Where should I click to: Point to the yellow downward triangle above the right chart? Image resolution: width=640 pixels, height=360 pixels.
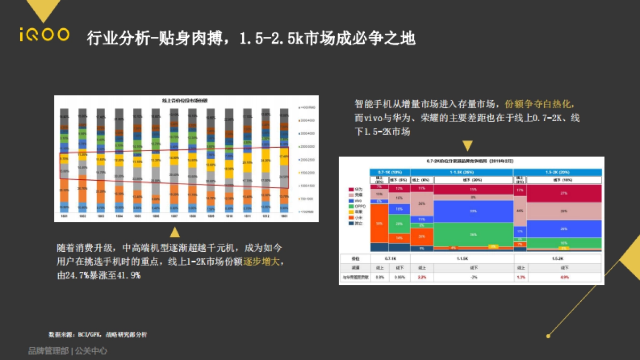click(467, 145)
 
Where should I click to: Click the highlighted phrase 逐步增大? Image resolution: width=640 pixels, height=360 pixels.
click(262, 262)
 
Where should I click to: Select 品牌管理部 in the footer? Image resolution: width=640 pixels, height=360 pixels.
click(48, 351)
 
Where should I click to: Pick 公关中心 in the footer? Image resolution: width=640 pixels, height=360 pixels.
click(91, 351)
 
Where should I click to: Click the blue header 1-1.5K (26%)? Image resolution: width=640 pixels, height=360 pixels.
click(461, 172)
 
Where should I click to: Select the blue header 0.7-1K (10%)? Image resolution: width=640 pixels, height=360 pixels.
click(390, 172)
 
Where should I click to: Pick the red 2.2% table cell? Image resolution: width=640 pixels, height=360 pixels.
click(422, 277)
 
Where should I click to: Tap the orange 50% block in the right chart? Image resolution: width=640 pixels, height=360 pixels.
click(379, 224)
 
